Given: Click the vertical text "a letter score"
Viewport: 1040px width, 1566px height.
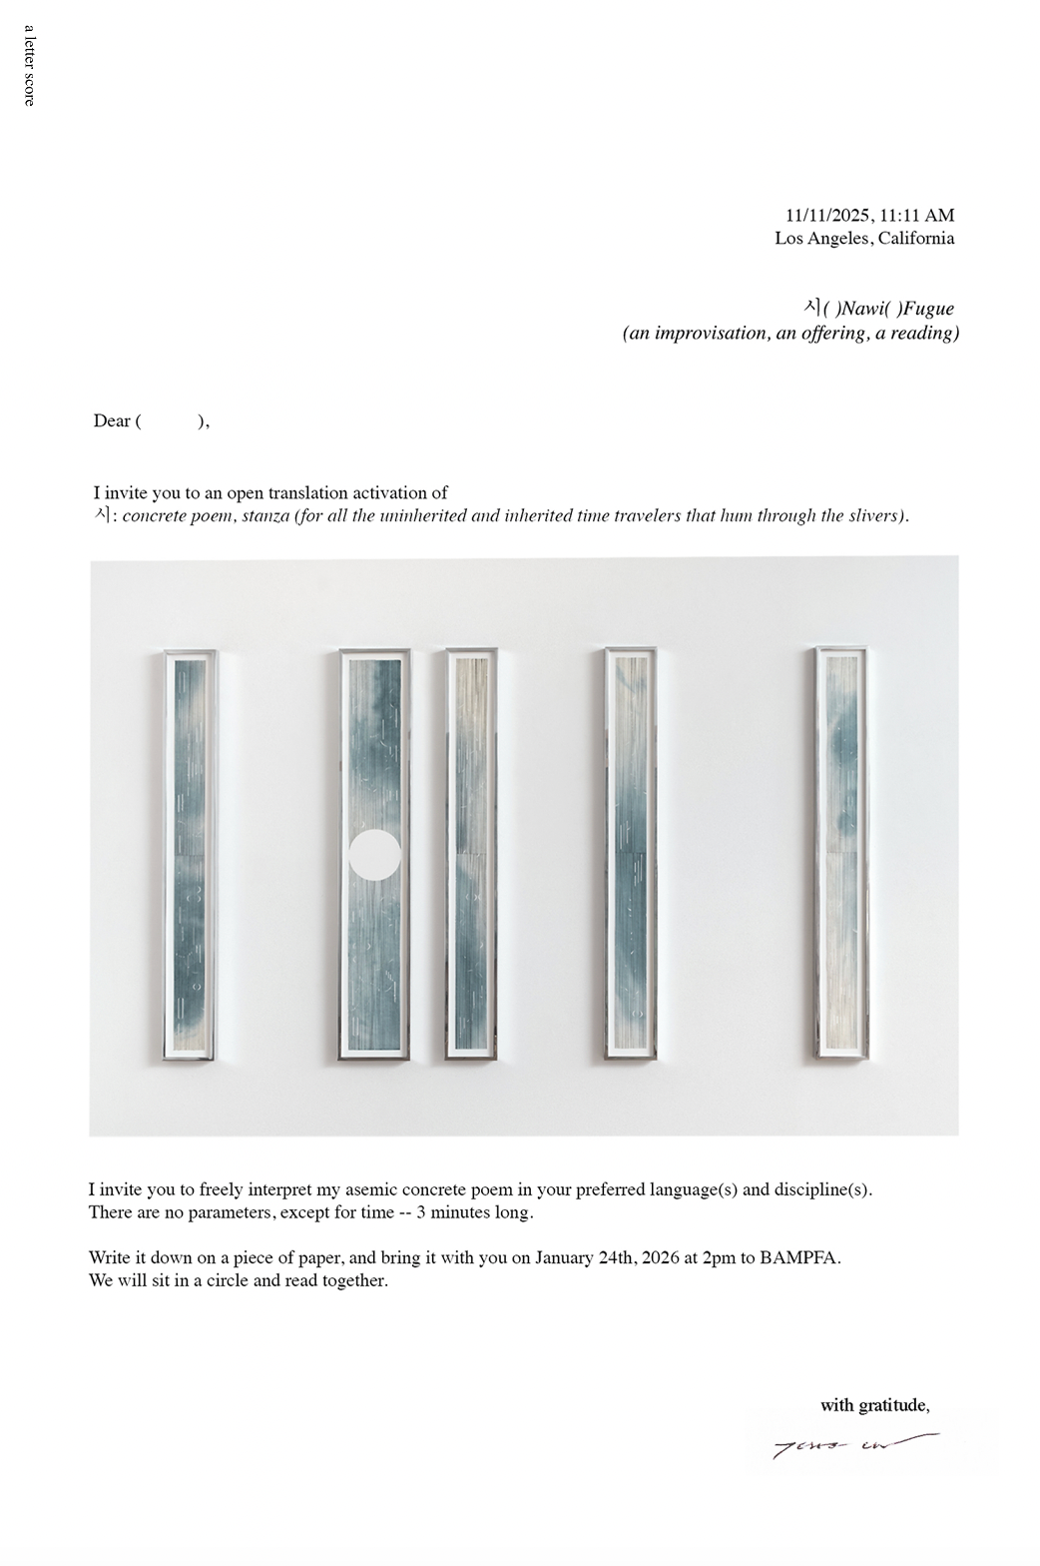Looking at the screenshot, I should (x=29, y=65).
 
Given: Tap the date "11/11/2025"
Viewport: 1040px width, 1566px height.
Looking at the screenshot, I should (x=827, y=216).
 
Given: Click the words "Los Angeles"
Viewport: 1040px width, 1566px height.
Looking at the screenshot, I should (x=822, y=239).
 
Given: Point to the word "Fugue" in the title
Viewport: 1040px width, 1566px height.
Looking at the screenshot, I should (x=929, y=309).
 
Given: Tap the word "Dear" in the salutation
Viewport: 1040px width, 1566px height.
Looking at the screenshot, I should (x=112, y=420).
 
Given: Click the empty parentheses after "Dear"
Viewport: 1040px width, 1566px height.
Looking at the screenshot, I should (x=170, y=420).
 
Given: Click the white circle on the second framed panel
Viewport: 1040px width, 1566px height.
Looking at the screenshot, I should (x=375, y=855).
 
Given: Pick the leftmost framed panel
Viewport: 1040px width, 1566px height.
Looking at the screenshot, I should (x=190, y=855).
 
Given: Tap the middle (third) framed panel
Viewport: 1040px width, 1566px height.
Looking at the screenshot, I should (x=471, y=855).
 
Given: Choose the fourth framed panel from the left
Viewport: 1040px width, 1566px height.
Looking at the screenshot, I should (x=631, y=855).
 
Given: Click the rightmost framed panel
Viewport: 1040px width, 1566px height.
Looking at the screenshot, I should (x=840, y=855).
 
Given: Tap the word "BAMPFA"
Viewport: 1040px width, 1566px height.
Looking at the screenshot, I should (x=798, y=1257).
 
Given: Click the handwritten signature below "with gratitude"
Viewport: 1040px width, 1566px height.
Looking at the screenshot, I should (x=854, y=1444).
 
